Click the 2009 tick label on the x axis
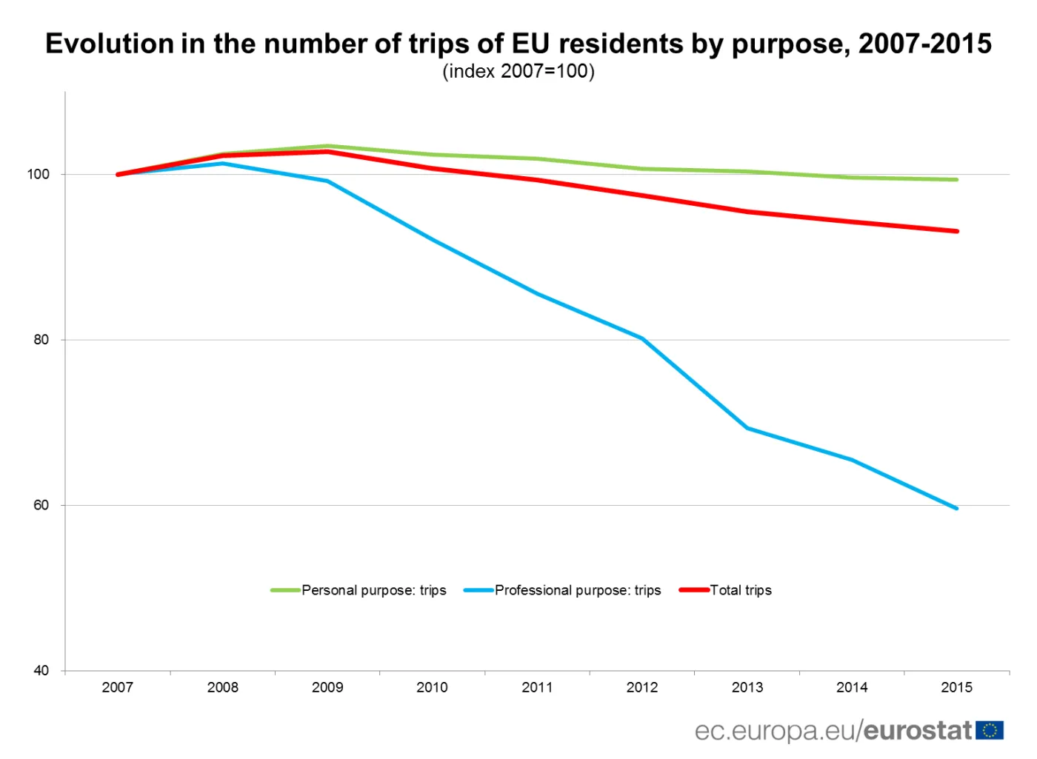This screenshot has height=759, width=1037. coord(327,687)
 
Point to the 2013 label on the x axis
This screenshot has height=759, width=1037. coord(747,687)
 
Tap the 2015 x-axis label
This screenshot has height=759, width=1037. coord(956,687)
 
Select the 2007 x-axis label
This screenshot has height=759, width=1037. coord(118,687)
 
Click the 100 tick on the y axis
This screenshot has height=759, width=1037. coord(39,175)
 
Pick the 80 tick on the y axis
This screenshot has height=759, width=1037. coord(41,340)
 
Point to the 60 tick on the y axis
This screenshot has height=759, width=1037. coord(41,506)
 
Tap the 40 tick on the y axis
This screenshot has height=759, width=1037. coord(41,671)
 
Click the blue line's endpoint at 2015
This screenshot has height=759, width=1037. coord(956,509)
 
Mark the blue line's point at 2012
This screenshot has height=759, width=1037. coord(642,338)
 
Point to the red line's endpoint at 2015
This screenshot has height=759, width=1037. coord(956,231)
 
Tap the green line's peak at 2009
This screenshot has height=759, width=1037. coord(327,146)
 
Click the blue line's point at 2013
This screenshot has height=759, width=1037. coord(747,428)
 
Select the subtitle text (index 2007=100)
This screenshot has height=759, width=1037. coord(518,72)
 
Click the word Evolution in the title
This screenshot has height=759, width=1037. coord(109,44)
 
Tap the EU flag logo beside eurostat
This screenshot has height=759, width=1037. coord(990,731)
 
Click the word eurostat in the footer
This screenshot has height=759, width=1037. coord(918,731)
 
